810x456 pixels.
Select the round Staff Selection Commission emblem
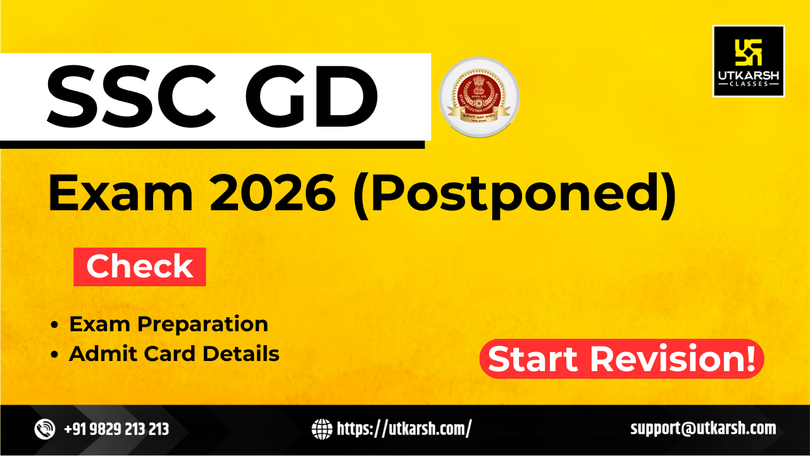pos(479,97)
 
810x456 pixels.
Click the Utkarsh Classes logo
pos(749,61)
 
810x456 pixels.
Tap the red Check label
pos(140,267)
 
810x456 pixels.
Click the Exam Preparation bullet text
pos(168,324)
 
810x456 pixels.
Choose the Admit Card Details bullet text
pos(174,354)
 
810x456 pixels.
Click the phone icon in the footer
pos(45,429)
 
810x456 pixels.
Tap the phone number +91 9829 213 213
pos(116,429)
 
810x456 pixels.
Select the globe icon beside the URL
pos(321,429)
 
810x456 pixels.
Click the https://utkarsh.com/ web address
pos(404,429)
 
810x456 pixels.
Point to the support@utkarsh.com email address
pos(703,429)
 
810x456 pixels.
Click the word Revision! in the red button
pos(673,360)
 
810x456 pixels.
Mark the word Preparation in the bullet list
pos(203,324)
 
